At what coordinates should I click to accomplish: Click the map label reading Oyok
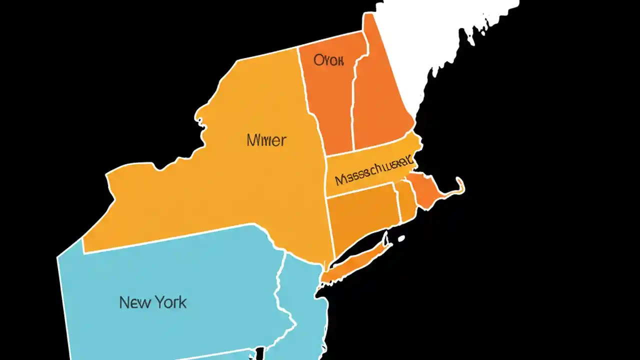coord(328,61)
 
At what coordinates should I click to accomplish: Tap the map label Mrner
coord(266,140)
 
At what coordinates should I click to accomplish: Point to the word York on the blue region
coord(170,302)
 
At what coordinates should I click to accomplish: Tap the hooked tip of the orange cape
coord(460,186)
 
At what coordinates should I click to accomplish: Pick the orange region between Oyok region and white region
coord(382,100)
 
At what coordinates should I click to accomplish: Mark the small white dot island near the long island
coord(400,239)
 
